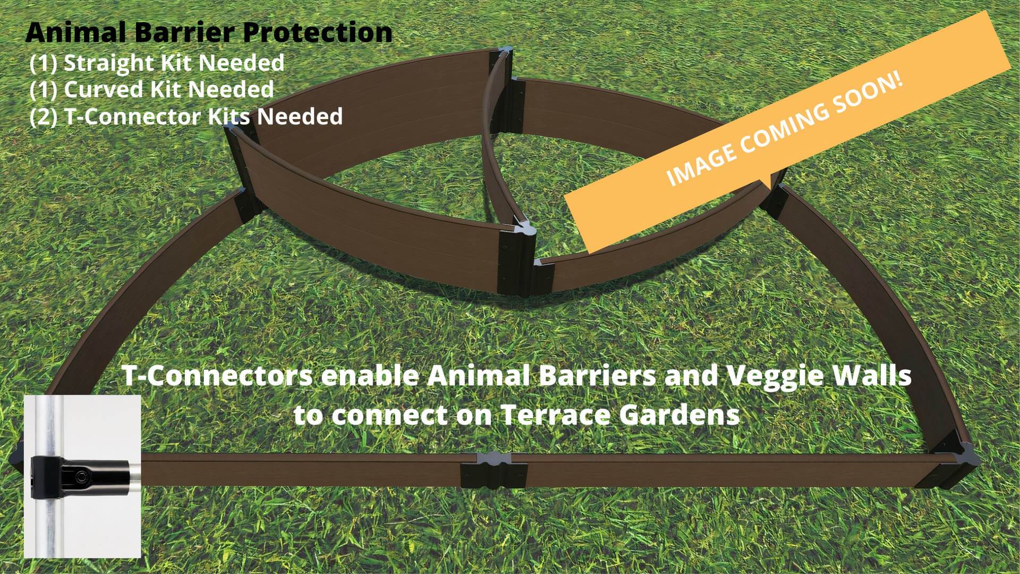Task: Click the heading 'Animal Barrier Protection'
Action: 209,32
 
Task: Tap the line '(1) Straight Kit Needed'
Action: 157,63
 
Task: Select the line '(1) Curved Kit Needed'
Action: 152,89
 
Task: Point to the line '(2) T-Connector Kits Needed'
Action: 186,116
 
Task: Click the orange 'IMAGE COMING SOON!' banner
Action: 786,131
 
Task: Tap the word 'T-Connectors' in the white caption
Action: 218,376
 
